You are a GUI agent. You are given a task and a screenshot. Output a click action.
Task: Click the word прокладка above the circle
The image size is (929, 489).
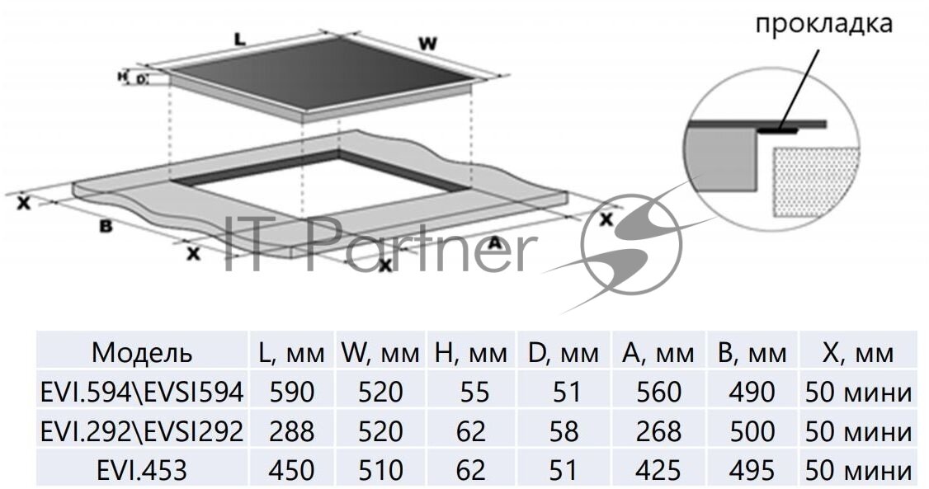pos(823,23)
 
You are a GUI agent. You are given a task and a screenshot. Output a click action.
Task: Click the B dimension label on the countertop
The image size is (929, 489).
pos(106,224)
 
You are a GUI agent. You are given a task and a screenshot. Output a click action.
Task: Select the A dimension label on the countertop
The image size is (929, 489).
pos(494,242)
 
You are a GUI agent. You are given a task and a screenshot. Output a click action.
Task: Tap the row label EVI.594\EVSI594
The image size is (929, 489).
pos(142,392)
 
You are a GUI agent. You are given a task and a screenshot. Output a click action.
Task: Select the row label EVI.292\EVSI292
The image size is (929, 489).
pos(142,430)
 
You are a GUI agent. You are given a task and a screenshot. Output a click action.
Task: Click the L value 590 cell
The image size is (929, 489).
pos(292,392)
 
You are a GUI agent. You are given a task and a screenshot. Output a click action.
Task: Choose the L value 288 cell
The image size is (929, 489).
pos(292,430)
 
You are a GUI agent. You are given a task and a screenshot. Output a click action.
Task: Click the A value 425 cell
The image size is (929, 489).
pos(658,470)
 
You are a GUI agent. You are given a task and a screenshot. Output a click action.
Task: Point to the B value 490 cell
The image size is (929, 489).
pos(752,392)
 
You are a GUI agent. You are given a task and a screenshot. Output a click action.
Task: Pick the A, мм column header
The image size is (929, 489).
pos(658,353)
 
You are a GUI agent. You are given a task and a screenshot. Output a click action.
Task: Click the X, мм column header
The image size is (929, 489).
pos(858,353)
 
